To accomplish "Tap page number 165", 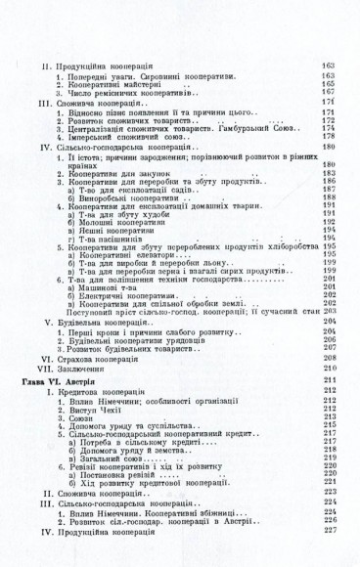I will (x=329, y=84).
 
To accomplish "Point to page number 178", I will (x=329, y=137).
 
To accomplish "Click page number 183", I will (x=329, y=173).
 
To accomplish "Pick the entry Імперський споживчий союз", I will (x=127, y=137).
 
